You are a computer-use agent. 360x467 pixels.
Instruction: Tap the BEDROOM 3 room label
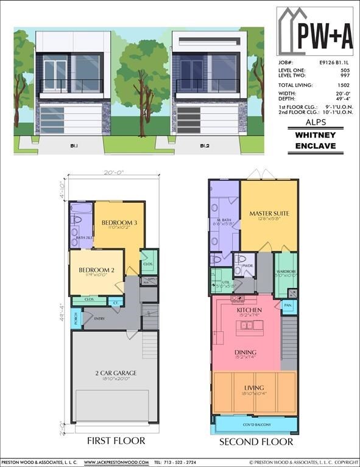click(x=119, y=223)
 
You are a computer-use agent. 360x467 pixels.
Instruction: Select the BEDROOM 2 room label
click(x=96, y=270)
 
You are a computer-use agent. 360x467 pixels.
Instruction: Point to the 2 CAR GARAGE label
click(x=115, y=373)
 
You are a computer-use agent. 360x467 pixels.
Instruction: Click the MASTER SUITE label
click(x=269, y=213)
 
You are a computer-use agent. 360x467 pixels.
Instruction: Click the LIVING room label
click(x=254, y=388)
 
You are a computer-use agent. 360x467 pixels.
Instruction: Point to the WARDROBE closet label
click(x=286, y=272)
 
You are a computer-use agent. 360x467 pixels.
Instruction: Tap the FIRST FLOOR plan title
click(x=116, y=441)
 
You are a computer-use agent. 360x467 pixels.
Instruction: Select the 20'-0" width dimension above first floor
click(x=113, y=172)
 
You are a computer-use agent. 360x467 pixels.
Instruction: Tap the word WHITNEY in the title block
click(x=315, y=135)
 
